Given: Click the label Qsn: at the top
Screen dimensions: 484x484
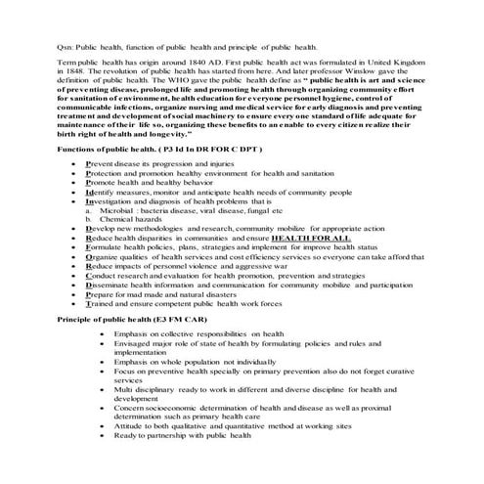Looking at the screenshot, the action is click(x=67, y=46).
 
